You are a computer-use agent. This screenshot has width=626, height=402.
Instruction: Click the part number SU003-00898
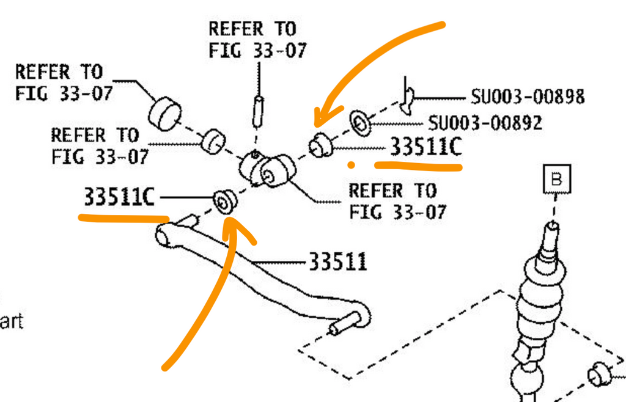528,97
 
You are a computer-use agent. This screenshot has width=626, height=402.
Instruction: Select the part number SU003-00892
485,123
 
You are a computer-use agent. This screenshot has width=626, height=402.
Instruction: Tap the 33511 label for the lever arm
337,261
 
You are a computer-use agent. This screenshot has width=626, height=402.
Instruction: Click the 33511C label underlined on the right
426,147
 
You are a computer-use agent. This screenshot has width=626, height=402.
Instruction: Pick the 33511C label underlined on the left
119,197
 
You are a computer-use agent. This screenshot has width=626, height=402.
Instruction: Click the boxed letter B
557,179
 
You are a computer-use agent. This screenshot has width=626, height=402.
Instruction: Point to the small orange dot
351,165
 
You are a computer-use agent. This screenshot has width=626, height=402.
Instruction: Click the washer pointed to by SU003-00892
360,123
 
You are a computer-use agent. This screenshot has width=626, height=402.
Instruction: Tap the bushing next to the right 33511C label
321,145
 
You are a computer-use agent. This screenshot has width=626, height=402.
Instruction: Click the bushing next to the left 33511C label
225,202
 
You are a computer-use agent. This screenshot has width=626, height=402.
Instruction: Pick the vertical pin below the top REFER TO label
258,112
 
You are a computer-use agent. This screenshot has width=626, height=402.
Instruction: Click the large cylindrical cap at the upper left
164,114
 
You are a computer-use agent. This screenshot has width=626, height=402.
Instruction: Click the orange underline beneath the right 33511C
418,166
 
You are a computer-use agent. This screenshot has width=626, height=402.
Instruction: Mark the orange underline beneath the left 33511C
123,218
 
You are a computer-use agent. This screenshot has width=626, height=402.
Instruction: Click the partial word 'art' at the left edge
12,321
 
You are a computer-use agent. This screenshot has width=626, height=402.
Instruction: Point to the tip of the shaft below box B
553,225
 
